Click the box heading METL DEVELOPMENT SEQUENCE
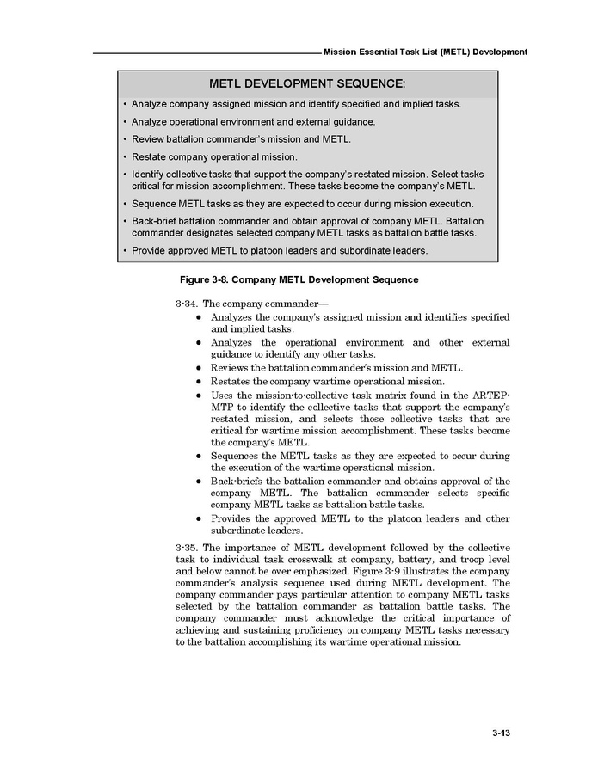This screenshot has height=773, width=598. click(307, 83)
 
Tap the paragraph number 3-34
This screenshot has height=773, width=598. click(186, 304)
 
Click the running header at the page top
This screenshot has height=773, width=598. click(425, 52)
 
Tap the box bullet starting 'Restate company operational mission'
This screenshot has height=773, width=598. click(214, 156)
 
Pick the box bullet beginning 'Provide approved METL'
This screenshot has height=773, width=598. click(280, 251)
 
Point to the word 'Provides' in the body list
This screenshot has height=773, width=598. click(231, 518)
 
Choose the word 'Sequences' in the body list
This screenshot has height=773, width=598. click(235, 455)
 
